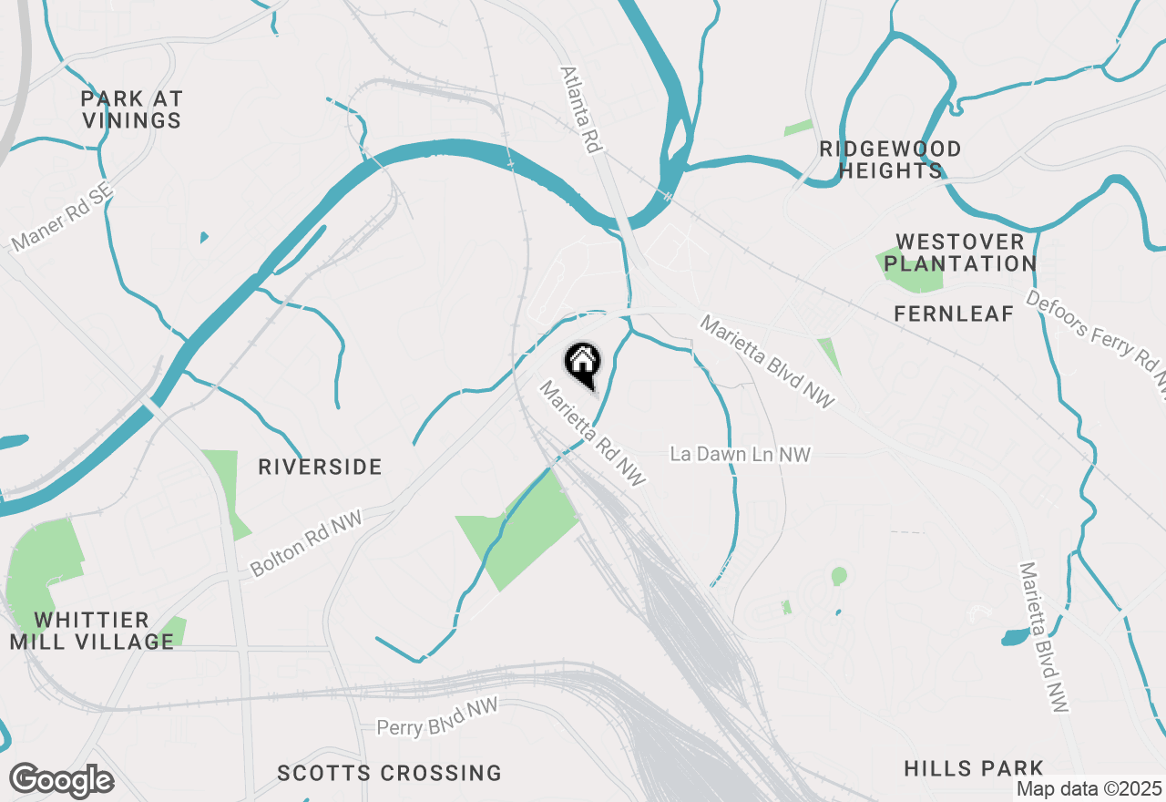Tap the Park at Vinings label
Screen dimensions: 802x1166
click(x=132, y=109)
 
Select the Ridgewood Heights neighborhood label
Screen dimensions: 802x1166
click(x=890, y=159)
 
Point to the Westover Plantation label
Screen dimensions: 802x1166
click(x=960, y=252)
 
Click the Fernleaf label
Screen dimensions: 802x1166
click(x=954, y=314)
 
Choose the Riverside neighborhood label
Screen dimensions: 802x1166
click(x=320, y=467)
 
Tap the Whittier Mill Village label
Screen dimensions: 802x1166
click(x=91, y=631)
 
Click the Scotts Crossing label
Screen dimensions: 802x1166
click(x=389, y=773)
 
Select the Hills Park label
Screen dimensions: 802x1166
click(x=973, y=768)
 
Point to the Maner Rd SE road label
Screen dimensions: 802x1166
click(x=61, y=216)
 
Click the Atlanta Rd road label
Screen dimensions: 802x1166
click(x=583, y=109)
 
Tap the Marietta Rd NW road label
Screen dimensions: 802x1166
click(x=592, y=433)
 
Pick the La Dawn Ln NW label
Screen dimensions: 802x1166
click(x=740, y=454)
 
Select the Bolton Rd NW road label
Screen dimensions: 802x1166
click(x=306, y=543)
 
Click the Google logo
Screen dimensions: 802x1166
click(x=61, y=780)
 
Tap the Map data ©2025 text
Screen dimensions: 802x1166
click(x=1089, y=788)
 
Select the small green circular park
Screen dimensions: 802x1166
click(x=839, y=576)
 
